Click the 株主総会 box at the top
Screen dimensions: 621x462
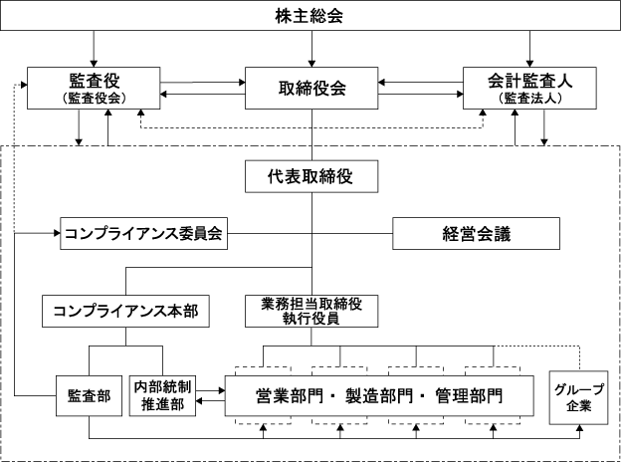tap(310, 16)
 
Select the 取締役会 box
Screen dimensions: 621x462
tap(311, 88)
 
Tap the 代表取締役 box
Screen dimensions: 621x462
tap(311, 176)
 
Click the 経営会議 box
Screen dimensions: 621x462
tap(476, 233)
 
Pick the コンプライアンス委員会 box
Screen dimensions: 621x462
tap(143, 233)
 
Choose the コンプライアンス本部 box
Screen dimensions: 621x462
tap(125, 311)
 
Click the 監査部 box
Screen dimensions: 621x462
tap(89, 396)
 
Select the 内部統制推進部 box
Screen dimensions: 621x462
tap(162, 396)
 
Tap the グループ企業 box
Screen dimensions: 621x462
tap(578, 398)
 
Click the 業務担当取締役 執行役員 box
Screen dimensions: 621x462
tap(311, 311)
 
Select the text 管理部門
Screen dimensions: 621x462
tap(469, 396)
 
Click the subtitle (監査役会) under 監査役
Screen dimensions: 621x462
tap(94, 98)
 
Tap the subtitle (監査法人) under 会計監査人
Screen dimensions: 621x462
tap(529, 98)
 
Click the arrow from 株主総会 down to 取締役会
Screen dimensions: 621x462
tap(311, 49)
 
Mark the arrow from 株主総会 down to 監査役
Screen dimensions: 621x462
tap(94, 49)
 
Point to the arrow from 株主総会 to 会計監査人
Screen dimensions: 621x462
tap(529, 49)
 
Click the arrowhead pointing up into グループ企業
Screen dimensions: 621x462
tap(579, 428)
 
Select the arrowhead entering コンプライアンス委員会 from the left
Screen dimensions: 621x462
tap(57, 233)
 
